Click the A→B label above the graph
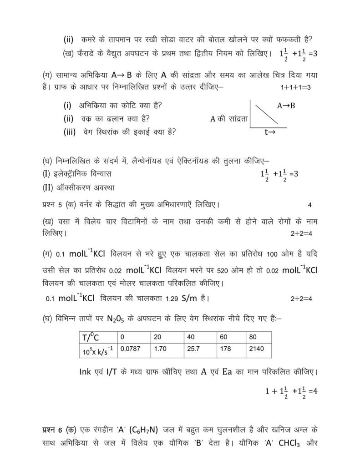pyautogui.click(x=286, y=106)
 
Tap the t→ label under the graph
pyautogui.click(x=269, y=133)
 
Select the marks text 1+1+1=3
pyautogui.click(x=296, y=87)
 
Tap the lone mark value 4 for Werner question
pyautogui.click(x=309, y=205)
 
